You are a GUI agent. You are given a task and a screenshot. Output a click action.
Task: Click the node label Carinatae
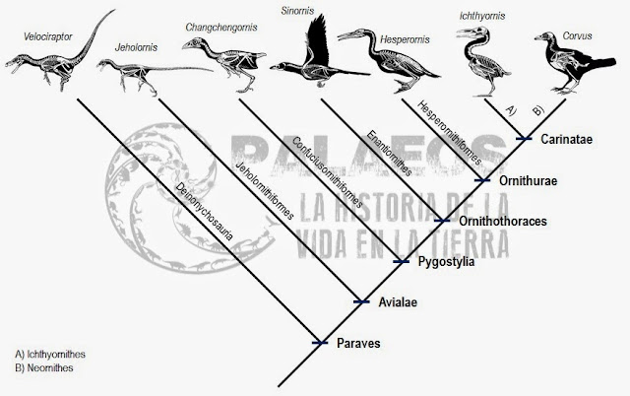point(565,140)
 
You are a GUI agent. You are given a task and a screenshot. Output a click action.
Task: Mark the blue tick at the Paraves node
point(319,343)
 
